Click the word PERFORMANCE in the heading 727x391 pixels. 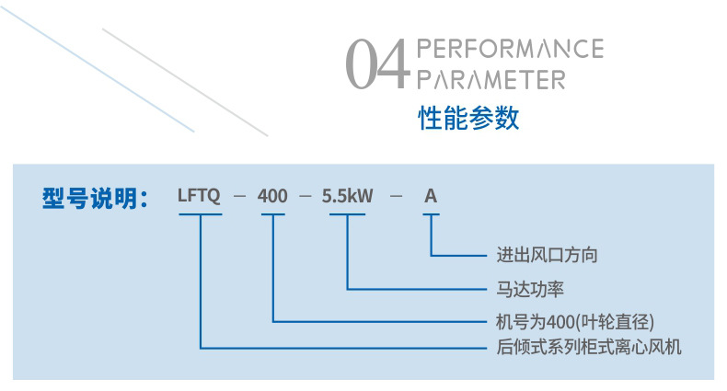click(510, 49)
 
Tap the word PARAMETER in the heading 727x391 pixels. click(490, 79)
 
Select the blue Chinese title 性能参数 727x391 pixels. click(469, 118)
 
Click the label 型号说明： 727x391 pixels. click(95, 197)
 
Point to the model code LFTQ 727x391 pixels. click(200, 196)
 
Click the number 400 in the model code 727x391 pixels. click(272, 196)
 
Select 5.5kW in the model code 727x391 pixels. click(347, 196)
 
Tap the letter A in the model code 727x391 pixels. click(430, 196)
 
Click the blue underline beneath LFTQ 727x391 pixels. click(200, 214)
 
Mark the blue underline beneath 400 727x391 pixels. click(273, 214)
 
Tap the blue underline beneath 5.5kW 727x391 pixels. click(347, 214)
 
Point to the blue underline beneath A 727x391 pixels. click(430, 214)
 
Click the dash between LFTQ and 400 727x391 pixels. click(239, 197)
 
